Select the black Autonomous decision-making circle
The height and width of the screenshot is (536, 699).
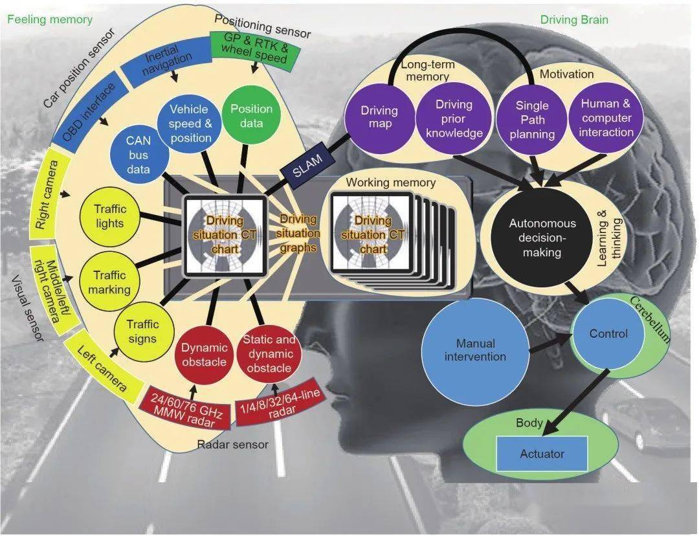pyautogui.click(x=542, y=238)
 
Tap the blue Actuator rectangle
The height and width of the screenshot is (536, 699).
pyautogui.click(x=542, y=454)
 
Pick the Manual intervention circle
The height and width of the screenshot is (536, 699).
pyautogui.click(x=475, y=350)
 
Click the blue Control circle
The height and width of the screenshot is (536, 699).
pyautogui.click(x=608, y=334)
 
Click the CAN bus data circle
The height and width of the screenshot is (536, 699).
pyautogui.click(x=138, y=155)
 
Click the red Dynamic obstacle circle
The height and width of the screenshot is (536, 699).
pyautogui.click(x=204, y=354)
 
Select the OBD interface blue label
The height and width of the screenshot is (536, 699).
pyautogui.click(x=88, y=114)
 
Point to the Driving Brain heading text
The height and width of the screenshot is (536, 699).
pyautogui.click(x=573, y=20)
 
